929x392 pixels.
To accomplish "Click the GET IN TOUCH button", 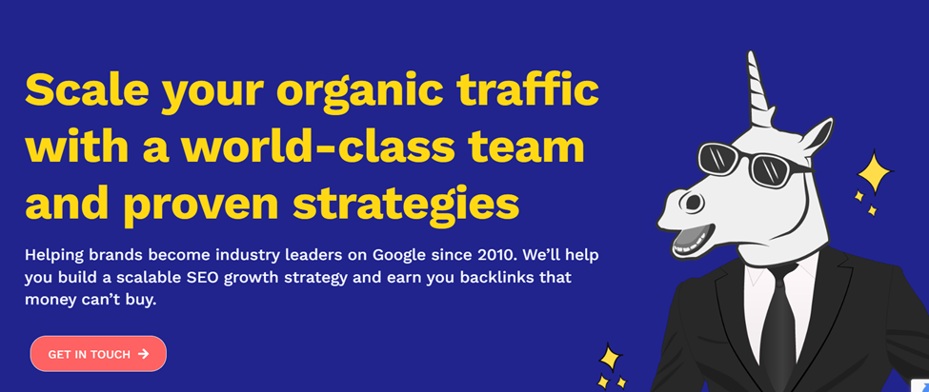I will pyautogui.click(x=98, y=354).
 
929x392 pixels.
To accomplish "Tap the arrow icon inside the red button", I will pyautogui.click(x=144, y=354).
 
